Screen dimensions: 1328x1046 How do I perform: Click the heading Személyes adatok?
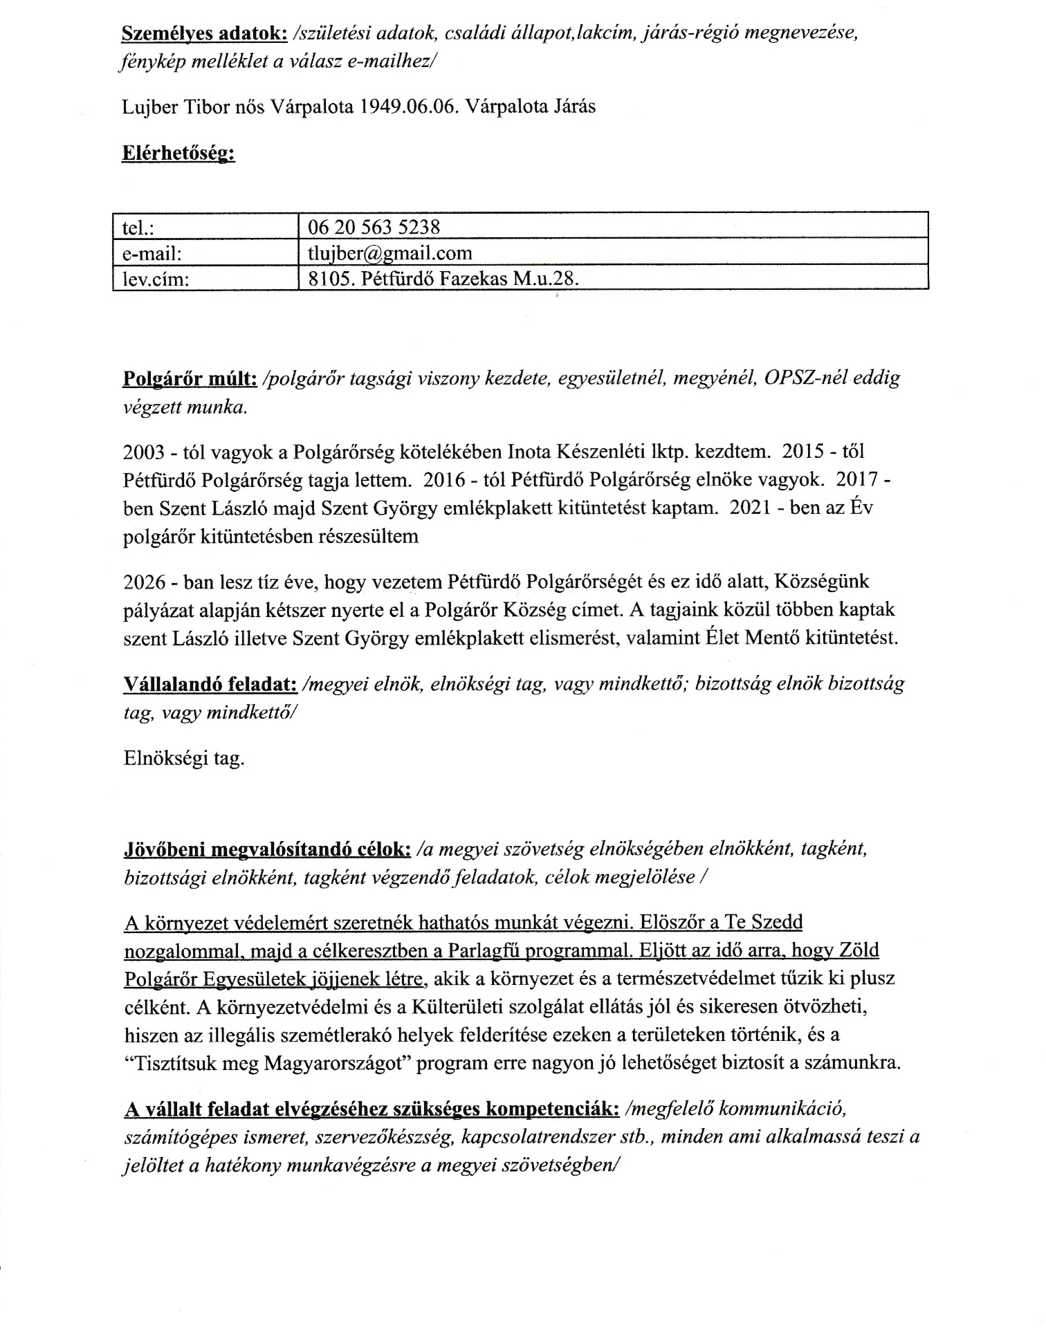tap(200, 33)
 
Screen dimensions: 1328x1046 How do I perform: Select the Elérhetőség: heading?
tap(178, 154)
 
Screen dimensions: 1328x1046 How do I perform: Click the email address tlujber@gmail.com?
tap(389, 253)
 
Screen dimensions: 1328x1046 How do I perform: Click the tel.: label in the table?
tap(137, 227)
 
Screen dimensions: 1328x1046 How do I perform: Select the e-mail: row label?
tap(152, 253)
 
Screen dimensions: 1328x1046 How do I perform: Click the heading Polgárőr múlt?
tap(190, 379)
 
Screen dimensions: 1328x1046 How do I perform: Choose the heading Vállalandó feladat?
tap(210, 684)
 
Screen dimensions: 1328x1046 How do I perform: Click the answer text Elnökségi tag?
tap(183, 759)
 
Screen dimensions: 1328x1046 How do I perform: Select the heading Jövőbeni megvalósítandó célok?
tap(268, 849)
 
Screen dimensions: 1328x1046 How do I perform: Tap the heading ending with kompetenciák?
tap(371, 1109)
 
